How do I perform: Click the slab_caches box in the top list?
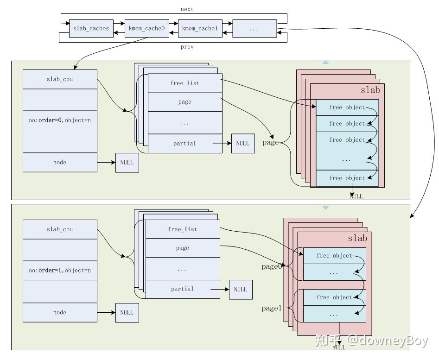click(91, 29)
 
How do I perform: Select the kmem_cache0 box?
click(146, 29)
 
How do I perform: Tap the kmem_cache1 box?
click(199, 29)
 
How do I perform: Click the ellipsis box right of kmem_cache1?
click(254, 29)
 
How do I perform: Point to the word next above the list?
click(187, 9)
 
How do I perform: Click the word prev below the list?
click(187, 47)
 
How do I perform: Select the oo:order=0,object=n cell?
click(60, 120)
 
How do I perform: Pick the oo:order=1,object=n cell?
click(60, 270)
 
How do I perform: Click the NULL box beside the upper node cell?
click(127, 163)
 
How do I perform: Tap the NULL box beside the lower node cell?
click(127, 313)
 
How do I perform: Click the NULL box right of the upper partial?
click(242, 143)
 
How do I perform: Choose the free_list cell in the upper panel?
click(185, 83)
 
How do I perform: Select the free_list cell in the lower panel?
click(182, 229)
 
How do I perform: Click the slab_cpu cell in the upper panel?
click(60, 79)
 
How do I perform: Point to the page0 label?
click(271, 266)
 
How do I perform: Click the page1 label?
click(271, 308)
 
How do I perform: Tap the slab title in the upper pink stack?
click(370, 90)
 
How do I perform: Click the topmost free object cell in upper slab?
click(347, 107)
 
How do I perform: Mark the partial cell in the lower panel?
click(182, 289)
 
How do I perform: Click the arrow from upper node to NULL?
click(106, 163)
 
